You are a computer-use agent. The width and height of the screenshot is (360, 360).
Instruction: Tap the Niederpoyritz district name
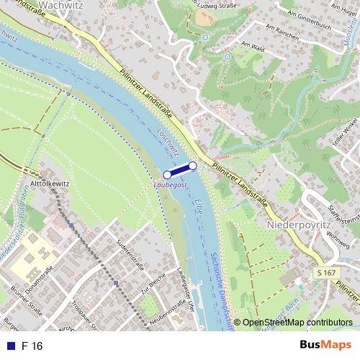298,224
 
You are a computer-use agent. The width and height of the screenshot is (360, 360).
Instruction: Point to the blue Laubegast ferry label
170,185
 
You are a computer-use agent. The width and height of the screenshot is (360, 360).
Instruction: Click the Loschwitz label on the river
171,145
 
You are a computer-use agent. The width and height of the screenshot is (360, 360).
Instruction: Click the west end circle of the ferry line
168,174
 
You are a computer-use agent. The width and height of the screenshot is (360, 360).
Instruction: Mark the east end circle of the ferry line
192,166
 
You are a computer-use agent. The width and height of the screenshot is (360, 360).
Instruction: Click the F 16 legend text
32,346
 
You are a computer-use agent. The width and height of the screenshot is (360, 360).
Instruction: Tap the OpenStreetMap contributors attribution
297,323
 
